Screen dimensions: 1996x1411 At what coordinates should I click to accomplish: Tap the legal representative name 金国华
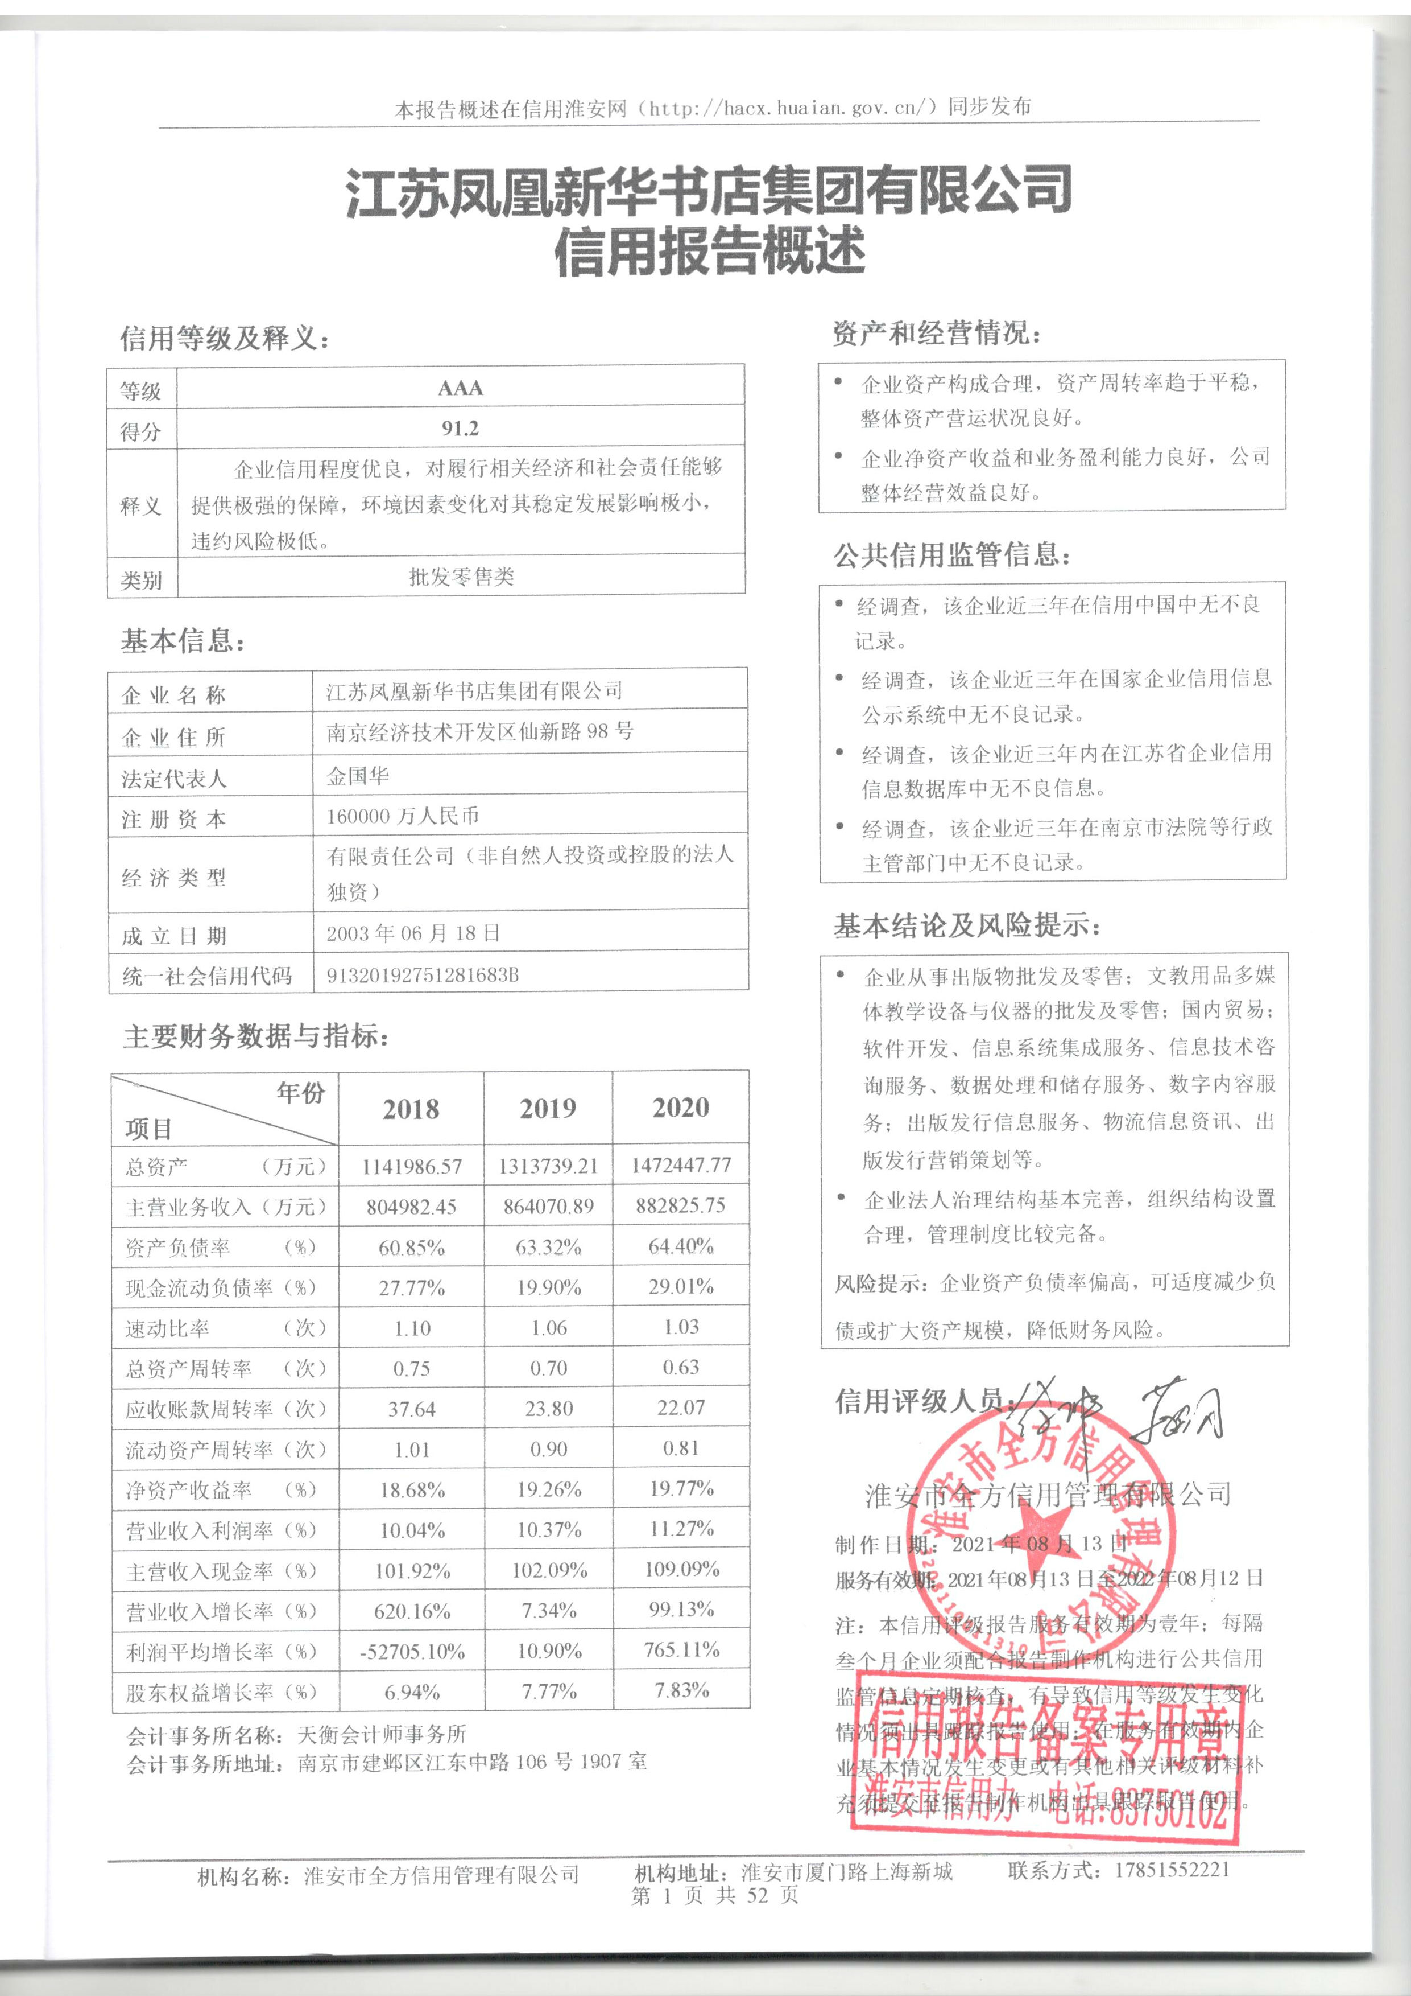click(358, 775)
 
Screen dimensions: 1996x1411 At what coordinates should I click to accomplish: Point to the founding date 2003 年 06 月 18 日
click(413, 933)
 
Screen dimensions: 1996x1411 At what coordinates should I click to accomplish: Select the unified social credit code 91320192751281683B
click(422, 974)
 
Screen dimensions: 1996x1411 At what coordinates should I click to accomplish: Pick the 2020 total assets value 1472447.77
click(681, 1165)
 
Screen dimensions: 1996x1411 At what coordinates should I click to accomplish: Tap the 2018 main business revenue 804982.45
click(411, 1207)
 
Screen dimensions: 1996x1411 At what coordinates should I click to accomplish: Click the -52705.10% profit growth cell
click(412, 1651)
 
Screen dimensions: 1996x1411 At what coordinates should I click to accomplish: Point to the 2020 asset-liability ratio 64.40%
click(681, 1246)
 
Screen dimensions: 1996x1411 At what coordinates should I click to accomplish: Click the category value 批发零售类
click(461, 577)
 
